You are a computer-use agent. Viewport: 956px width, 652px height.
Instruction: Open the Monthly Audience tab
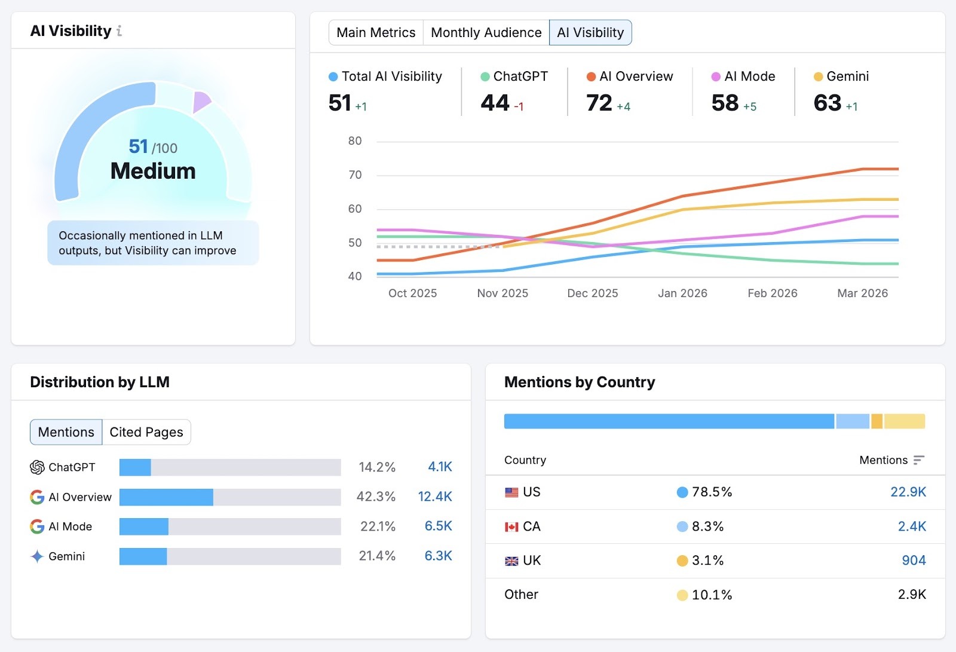(x=486, y=32)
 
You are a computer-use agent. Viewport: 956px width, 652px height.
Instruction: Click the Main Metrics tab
(x=376, y=32)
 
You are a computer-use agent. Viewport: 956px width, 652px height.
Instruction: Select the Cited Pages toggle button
(x=146, y=432)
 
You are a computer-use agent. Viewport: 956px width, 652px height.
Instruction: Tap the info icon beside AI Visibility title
(x=119, y=31)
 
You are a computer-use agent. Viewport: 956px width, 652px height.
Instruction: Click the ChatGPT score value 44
(x=495, y=103)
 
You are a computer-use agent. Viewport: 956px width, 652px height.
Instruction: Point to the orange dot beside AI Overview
(x=591, y=76)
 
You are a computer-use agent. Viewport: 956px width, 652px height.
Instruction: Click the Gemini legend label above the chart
(x=847, y=76)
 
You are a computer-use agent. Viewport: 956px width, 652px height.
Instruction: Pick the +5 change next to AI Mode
(x=750, y=107)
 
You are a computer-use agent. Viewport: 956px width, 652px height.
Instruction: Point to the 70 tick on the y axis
(x=355, y=175)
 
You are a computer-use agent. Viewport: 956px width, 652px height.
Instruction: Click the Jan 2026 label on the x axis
(x=682, y=293)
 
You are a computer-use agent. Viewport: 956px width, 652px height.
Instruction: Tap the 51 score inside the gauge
(x=139, y=146)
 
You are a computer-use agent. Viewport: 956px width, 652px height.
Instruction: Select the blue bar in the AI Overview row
(x=166, y=497)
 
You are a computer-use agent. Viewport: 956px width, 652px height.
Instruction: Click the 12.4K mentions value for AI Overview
(x=435, y=497)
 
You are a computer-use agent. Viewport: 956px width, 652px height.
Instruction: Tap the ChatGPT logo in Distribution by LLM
(x=37, y=467)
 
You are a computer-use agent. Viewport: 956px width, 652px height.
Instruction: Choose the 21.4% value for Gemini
(x=377, y=556)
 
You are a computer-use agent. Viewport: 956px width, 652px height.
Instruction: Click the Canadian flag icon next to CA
(x=511, y=527)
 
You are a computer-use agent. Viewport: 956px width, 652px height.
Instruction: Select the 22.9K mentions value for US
(x=908, y=492)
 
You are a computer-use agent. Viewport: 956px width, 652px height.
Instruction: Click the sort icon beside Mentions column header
(x=919, y=460)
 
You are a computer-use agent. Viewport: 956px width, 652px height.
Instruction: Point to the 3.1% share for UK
(x=707, y=561)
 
